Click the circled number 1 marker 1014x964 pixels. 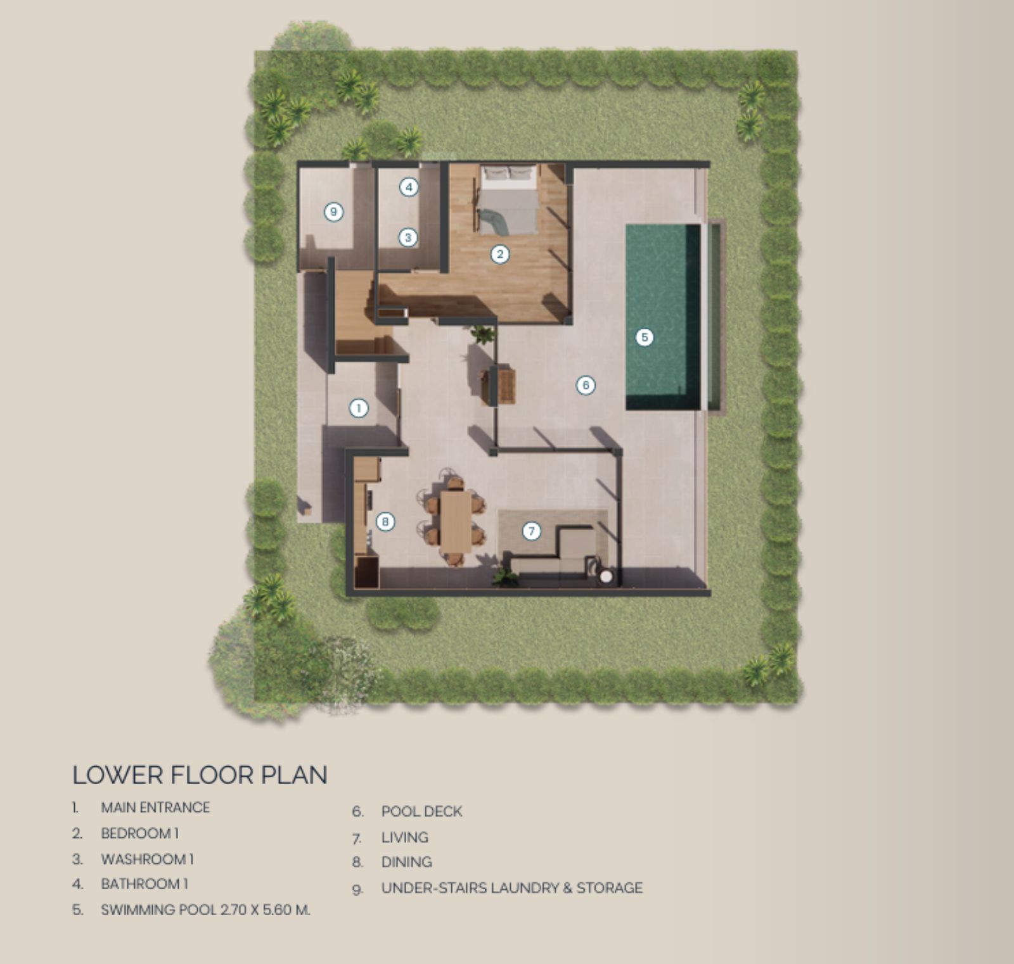(359, 409)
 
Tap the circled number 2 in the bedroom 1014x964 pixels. (500, 255)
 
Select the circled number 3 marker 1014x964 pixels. (408, 238)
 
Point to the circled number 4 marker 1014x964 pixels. (409, 187)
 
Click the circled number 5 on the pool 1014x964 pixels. (645, 337)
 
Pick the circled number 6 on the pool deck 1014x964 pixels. (586, 384)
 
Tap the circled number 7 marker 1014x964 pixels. (532, 531)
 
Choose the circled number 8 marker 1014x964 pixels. (385, 522)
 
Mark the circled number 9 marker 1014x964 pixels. (333, 212)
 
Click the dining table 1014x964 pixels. (456, 521)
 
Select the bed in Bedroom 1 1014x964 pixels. (508, 200)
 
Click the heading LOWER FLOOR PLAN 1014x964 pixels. (200, 775)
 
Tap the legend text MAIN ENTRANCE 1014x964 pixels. (155, 808)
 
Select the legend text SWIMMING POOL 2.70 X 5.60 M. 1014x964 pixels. (205, 910)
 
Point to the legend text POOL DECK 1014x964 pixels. (421, 811)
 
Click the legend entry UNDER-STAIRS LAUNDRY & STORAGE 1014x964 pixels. (512, 887)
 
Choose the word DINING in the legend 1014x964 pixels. (407, 862)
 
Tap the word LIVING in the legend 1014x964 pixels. (405, 837)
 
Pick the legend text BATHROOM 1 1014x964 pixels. (144, 884)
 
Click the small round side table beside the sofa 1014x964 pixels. (606, 576)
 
